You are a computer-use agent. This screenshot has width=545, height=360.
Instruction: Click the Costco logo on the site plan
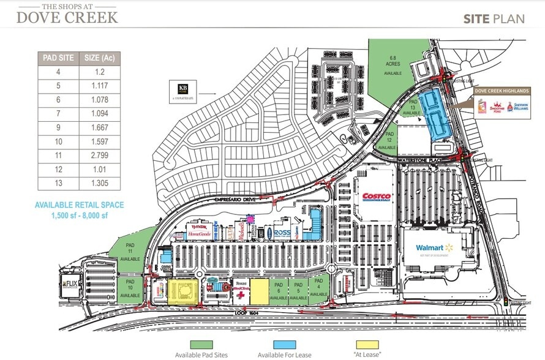[x=377, y=197]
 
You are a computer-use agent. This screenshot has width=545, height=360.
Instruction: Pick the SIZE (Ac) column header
[x=100, y=58]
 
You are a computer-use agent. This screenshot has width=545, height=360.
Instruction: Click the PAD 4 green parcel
[x=318, y=288]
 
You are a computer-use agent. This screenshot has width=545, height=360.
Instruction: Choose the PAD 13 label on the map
[x=414, y=106]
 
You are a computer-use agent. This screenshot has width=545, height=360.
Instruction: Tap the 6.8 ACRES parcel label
[x=392, y=62]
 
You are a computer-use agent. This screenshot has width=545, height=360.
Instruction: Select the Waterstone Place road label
[x=418, y=160]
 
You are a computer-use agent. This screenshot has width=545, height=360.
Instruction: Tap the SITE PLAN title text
[x=494, y=18]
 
